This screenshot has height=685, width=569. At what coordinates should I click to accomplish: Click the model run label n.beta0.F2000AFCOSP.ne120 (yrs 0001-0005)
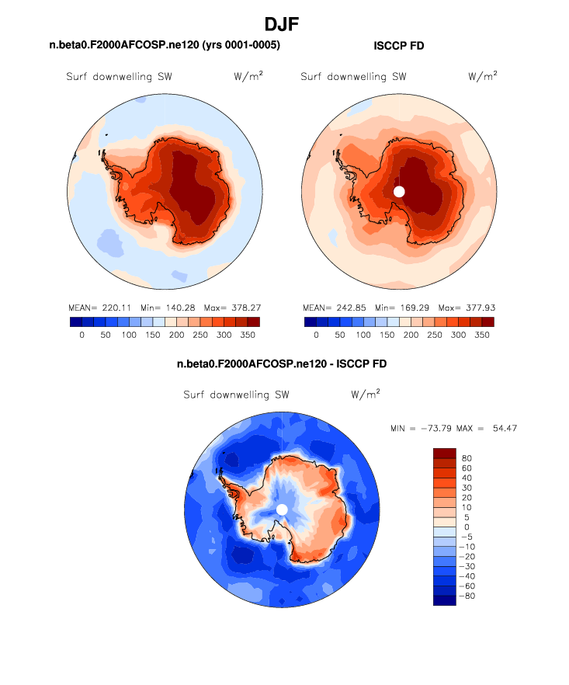(165, 46)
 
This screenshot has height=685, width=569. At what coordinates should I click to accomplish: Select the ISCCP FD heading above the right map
(399, 47)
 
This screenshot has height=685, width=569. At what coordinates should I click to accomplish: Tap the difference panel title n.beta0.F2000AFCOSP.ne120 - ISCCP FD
(282, 363)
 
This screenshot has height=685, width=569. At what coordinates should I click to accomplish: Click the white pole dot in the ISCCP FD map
(399, 191)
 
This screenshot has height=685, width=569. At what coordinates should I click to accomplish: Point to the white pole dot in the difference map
(282, 509)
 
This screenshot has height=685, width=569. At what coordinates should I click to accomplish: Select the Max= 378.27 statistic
(232, 308)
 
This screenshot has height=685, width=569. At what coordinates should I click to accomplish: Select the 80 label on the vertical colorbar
(467, 458)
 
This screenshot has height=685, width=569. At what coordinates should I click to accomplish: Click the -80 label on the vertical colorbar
(467, 596)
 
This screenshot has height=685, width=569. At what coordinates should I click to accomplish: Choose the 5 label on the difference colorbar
(464, 517)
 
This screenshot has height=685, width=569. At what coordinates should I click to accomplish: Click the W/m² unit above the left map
(247, 76)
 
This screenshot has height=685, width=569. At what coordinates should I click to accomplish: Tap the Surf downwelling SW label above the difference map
(236, 395)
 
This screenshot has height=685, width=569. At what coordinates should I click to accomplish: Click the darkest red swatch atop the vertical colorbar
(445, 453)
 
